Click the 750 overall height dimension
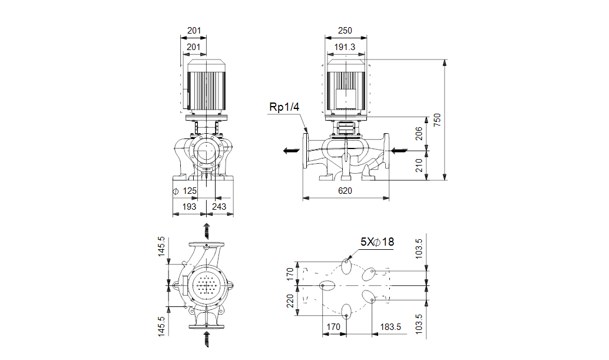click(x=436, y=120)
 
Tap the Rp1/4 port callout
click(x=284, y=107)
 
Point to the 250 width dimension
click(x=345, y=30)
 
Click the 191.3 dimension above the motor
click(x=345, y=47)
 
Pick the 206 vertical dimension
click(x=419, y=134)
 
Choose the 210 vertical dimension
click(x=419, y=165)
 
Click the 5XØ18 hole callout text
click(x=377, y=242)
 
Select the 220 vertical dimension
click(x=290, y=301)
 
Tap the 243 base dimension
click(x=219, y=207)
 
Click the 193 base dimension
click(x=188, y=207)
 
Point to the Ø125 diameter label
click(x=185, y=191)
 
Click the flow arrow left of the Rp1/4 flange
click(x=290, y=151)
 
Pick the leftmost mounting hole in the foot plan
click(x=323, y=285)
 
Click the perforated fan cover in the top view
click(x=206, y=288)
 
